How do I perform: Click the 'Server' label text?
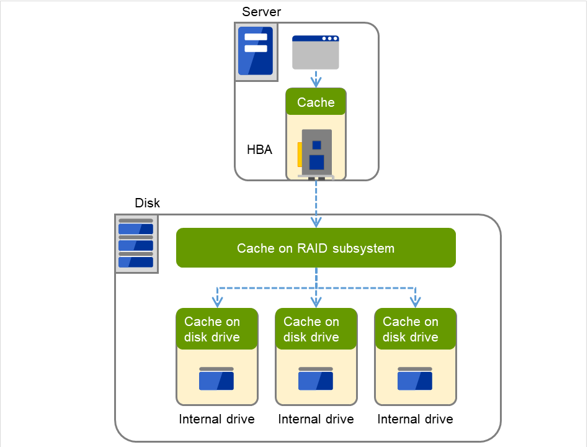[x=261, y=11]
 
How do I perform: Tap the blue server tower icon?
[x=256, y=52]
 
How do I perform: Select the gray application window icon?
[x=316, y=52]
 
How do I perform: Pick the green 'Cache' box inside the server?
[x=316, y=102]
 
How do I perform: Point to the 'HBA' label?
[x=259, y=150]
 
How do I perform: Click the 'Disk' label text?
[x=147, y=203]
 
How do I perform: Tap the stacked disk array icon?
[x=136, y=243]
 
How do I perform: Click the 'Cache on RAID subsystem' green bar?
[x=316, y=248]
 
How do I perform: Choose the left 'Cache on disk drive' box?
[x=216, y=330]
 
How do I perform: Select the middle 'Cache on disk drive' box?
[x=316, y=330]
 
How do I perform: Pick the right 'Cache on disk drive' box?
[x=415, y=330]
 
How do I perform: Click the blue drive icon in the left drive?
[x=216, y=379]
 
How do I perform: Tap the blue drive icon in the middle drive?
[x=316, y=379]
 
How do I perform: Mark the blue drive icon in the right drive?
[x=415, y=379]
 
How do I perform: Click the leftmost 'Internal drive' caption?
[x=216, y=419]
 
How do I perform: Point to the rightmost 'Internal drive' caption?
[x=415, y=419]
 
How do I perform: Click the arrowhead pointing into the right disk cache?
[x=416, y=302]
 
